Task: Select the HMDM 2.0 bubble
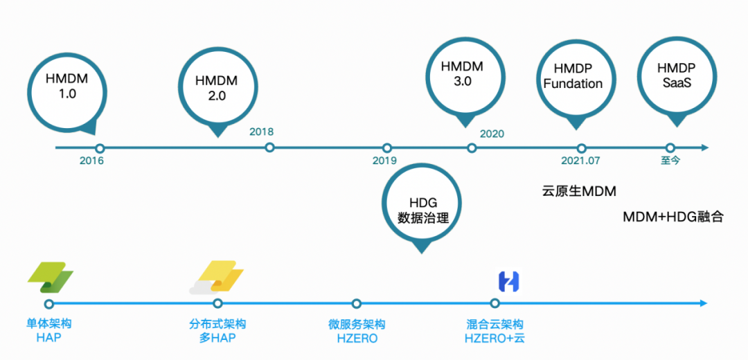click(217, 88)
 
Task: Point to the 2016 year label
click(91, 161)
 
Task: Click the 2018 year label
click(262, 132)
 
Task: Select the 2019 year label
click(384, 161)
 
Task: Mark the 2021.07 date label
click(580, 161)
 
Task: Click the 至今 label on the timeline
click(670, 161)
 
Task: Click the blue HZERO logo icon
click(509, 281)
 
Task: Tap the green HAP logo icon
click(50, 278)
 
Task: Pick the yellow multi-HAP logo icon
click(217, 278)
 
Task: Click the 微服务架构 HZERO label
click(357, 332)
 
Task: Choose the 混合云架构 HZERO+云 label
click(495, 332)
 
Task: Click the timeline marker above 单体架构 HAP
click(48, 303)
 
